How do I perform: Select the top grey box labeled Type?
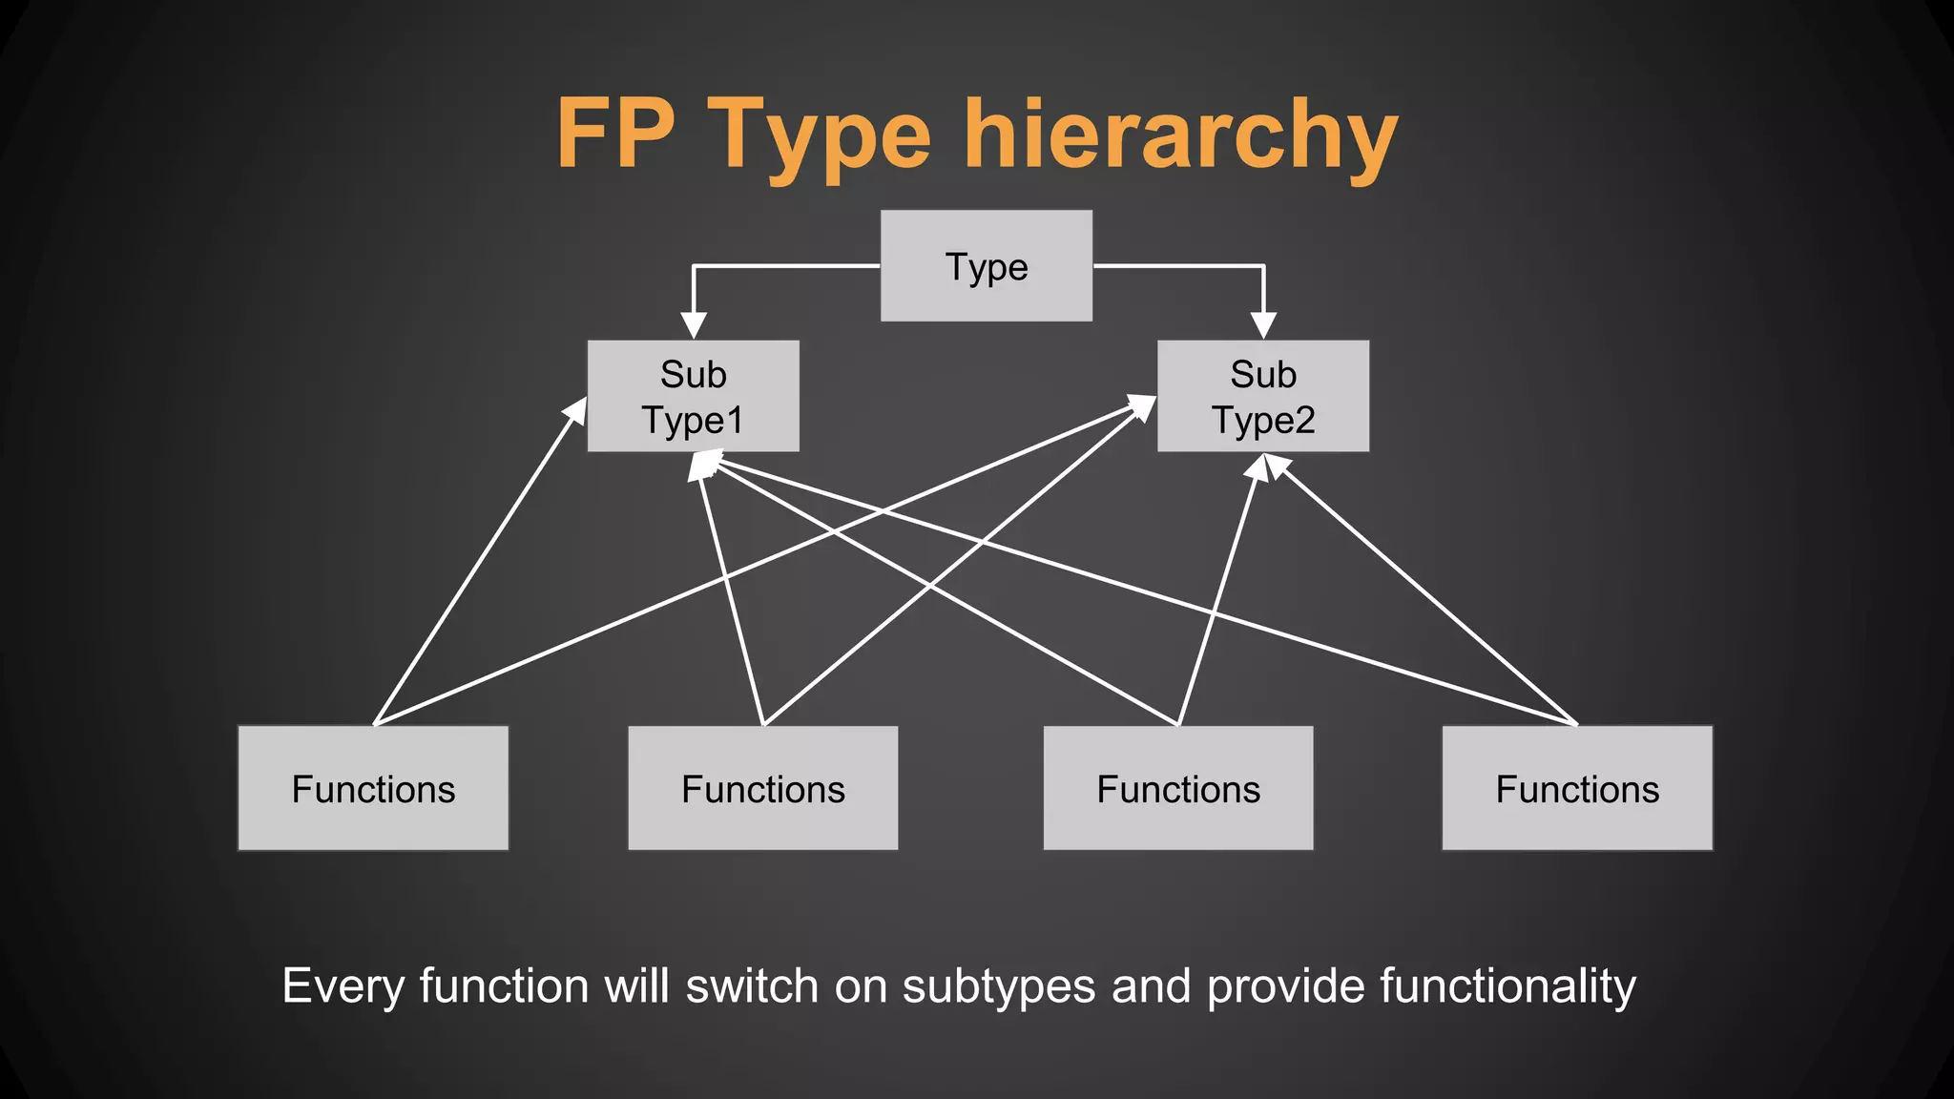tap(986, 266)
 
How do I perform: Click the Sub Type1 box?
tap(693, 396)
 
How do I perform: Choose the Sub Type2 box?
tap(1262, 396)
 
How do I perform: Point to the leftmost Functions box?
tap(373, 788)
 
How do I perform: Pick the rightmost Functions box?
tap(1577, 788)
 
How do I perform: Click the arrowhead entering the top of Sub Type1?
tap(694, 326)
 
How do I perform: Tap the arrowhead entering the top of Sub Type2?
tap(1263, 326)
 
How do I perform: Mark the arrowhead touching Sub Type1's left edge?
tap(576, 410)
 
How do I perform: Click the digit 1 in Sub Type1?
tap(735, 420)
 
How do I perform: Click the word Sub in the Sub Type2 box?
tap(1263, 374)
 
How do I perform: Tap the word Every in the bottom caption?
tap(343, 986)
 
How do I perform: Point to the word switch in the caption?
tap(752, 986)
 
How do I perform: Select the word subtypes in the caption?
tap(998, 986)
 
